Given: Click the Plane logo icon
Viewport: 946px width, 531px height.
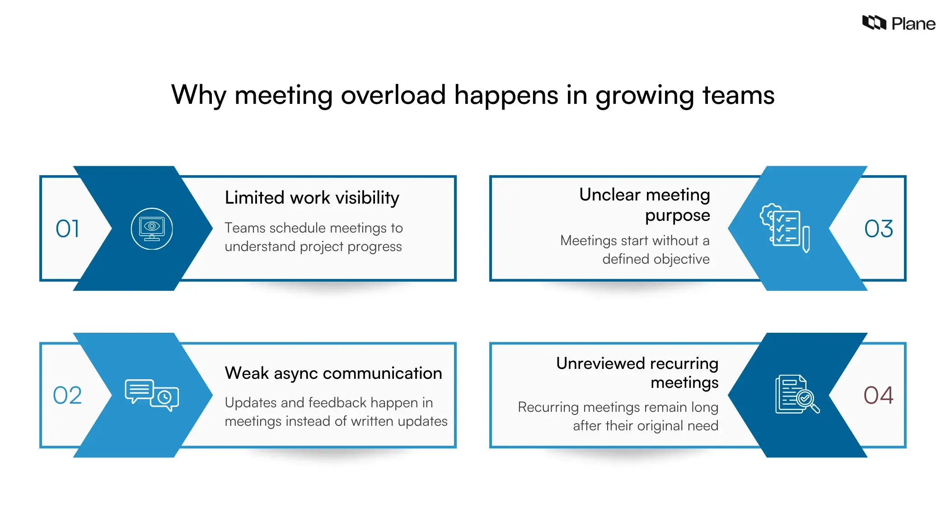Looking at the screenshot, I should coord(874,23).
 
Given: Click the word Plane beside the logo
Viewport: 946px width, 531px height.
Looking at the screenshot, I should coord(913,23).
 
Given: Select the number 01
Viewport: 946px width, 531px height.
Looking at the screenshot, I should coord(67,228).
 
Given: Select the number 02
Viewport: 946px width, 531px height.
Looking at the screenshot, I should coord(67,395).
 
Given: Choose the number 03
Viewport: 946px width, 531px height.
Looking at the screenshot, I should coord(878,228).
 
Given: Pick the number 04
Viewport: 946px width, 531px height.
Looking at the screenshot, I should coord(878,395).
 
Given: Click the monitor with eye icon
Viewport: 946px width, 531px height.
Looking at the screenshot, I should coord(152,228).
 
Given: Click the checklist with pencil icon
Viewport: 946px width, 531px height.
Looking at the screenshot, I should coord(785,228).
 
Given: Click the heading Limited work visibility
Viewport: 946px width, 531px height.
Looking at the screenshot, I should coord(312,198).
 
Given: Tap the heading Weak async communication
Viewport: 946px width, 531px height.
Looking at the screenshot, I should coord(333,373).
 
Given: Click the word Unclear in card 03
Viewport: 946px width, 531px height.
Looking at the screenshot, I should coord(609,195).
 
